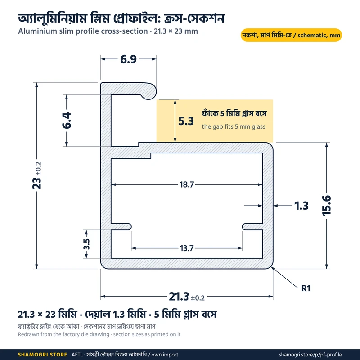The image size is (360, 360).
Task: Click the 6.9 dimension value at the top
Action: (128, 59)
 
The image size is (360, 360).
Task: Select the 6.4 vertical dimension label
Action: (67, 121)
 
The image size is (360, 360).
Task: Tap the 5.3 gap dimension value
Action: (186, 121)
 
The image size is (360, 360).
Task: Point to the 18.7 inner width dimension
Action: (187, 184)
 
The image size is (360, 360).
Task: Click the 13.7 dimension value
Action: (187, 248)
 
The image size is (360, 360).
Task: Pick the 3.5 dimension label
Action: (86, 244)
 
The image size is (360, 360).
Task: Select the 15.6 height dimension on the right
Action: (327, 206)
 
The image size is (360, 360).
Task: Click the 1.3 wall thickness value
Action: (301, 206)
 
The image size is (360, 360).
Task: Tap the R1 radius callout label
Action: (306, 288)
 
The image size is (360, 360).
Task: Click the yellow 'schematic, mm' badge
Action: (291, 35)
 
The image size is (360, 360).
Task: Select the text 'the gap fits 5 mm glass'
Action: (234, 127)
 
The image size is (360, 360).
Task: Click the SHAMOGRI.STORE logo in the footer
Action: (42, 355)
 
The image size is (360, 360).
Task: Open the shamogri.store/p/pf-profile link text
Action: (310, 355)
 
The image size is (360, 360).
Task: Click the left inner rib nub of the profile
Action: (121, 227)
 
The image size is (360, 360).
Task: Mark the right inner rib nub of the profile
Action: (252, 227)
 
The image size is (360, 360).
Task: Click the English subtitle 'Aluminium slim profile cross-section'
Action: (83, 31)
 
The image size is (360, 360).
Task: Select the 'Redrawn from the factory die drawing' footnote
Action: (63, 334)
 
